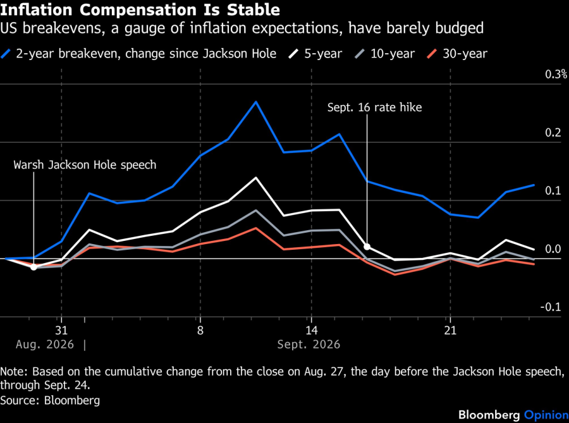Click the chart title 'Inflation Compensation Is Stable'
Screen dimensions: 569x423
[140, 9]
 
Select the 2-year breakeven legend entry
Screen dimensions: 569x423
[138, 54]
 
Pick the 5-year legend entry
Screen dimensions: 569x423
[315, 54]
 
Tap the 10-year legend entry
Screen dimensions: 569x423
[384, 54]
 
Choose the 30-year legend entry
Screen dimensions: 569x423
[457, 54]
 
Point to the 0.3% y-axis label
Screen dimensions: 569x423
[556, 75]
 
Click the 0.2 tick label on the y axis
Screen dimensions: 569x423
[553, 133]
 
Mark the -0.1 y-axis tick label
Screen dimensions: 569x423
[551, 307]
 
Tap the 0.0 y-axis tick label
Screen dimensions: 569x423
[553, 249]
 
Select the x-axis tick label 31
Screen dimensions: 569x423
[61, 331]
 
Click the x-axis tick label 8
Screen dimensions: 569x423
[200, 331]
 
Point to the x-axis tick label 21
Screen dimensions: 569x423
[450, 331]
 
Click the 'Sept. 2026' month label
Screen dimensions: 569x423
[309, 344]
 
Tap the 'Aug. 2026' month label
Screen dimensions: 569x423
[45, 344]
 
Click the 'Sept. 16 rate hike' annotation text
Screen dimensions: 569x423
[374, 107]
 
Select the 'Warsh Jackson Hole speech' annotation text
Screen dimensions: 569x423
[85, 165]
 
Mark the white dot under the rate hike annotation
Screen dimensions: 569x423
[367, 247]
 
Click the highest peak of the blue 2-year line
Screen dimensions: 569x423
[256, 102]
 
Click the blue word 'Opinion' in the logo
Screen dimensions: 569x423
[546, 415]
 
